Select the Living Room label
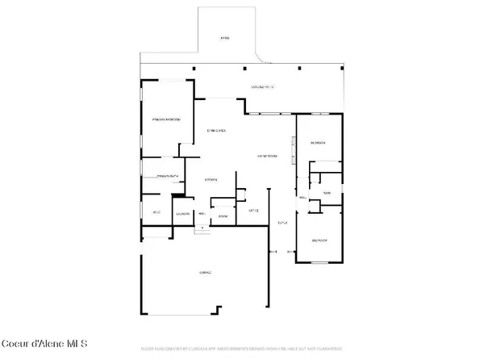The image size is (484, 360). point(267,156)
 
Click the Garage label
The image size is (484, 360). point(204,274)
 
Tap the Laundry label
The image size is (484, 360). point(182,213)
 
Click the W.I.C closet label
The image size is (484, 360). point(157,213)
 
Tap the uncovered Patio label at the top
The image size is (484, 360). point(225,38)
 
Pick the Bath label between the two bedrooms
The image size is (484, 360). point(328,194)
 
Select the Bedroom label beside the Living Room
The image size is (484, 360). point(318,143)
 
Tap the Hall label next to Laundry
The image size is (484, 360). point(200,213)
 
